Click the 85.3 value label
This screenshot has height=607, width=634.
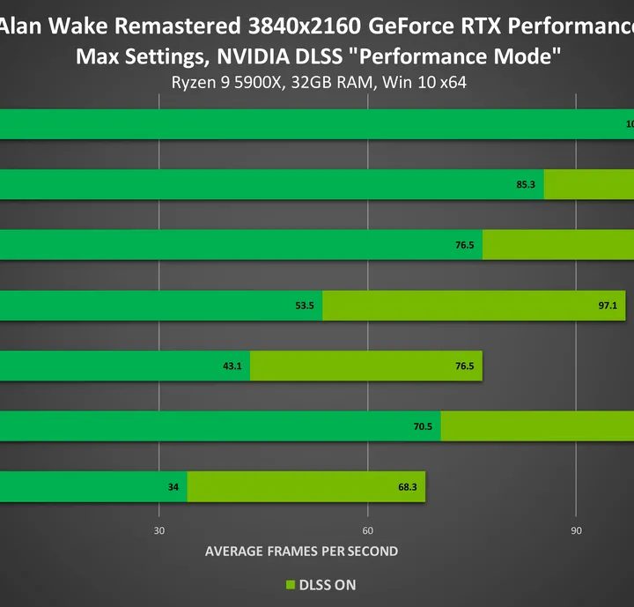click(526, 185)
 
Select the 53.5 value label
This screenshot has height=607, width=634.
click(304, 305)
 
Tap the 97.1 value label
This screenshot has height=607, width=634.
click(608, 305)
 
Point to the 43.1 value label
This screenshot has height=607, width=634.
click(232, 365)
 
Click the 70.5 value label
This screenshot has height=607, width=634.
click(423, 426)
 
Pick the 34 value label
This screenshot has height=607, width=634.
click(173, 485)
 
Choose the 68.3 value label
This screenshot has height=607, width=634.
click(408, 485)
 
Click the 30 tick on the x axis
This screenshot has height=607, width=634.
click(158, 530)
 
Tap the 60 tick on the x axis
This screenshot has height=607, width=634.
click(367, 530)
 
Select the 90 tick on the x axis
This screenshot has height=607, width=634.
click(576, 530)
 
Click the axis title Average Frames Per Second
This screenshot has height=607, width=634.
click(301, 551)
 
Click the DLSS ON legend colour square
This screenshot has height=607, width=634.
click(289, 585)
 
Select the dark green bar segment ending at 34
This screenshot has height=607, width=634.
click(88, 485)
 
